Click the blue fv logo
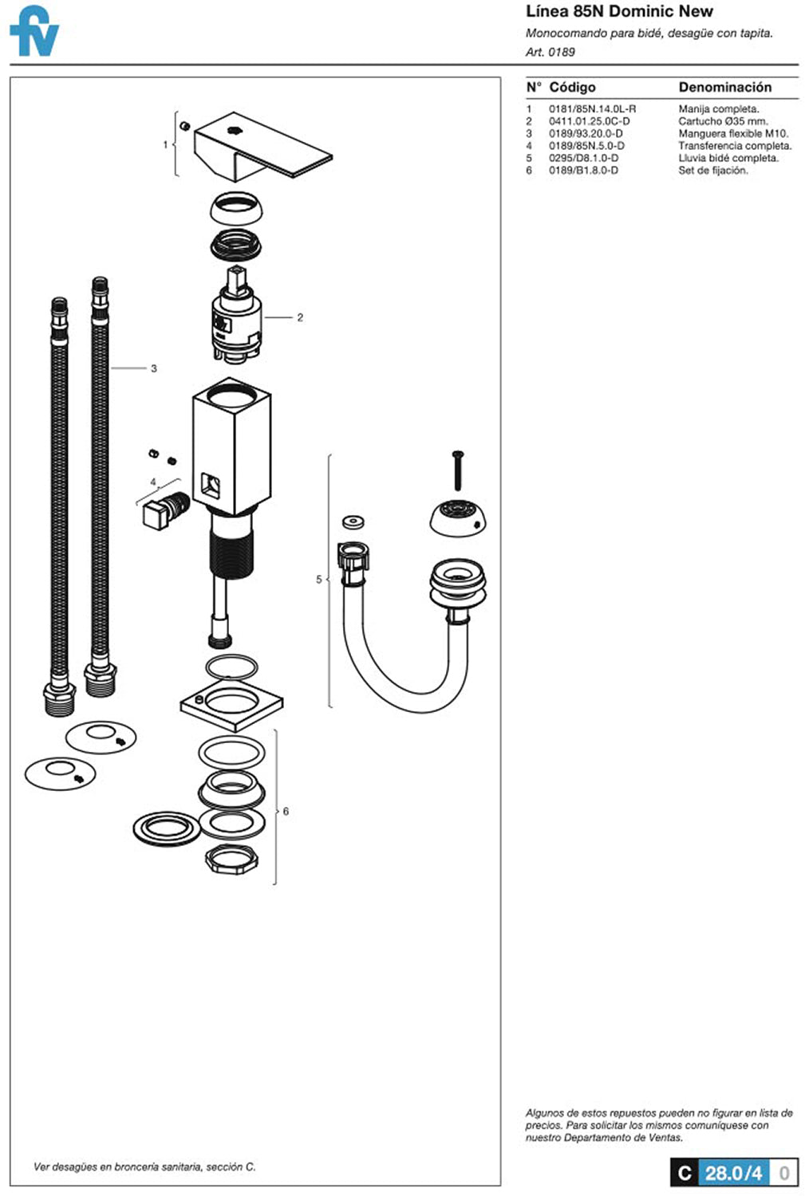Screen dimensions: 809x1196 click(x=34, y=31)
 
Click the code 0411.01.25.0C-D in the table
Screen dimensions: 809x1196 click(x=589, y=121)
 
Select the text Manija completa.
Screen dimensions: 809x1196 click(x=718, y=109)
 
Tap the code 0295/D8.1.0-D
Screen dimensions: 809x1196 click(x=583, y=158)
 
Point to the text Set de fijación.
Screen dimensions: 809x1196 click(x=712, y=171)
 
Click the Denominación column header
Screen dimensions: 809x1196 click(x=724, y=87)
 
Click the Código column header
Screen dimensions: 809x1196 click(x=572, y=87)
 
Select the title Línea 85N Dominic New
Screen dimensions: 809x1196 click(x=619, y=11)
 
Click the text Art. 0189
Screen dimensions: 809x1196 click(x=550, y=52)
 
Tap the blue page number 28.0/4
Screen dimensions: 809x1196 click(x=733, y=1173)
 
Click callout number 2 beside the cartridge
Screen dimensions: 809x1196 click(x=300, y=317)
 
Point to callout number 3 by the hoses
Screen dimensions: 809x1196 click(x=154, y=368)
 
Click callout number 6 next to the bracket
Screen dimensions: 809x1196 click(x=286, y=812)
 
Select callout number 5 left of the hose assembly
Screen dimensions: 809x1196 click(x=319, y=580)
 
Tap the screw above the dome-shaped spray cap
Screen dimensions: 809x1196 click(x=458, y=470)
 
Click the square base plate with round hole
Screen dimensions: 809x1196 click(x=231, y=705)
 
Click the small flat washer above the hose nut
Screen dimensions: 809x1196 click(x=353, y=521)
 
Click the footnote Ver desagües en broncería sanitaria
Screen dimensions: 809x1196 click(x=144, y=1166)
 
